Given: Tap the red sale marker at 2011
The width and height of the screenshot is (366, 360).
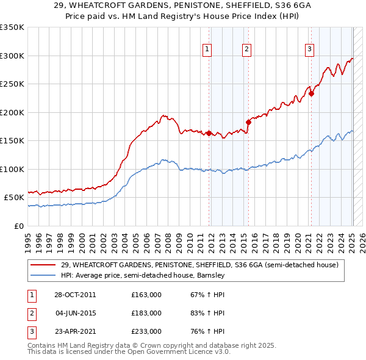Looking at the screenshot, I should coord(209,133).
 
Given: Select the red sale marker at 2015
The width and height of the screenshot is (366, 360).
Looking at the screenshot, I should coord(248,122).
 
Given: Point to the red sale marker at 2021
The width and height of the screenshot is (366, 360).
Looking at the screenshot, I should coord(311,93).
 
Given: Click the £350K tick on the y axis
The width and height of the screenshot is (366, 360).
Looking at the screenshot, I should coord(12,27).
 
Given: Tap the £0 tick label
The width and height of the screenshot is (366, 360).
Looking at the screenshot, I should coord(18,226).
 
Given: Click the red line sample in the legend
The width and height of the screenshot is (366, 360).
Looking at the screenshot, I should coord(43,265).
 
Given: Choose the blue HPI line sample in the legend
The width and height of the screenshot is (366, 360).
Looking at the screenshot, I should coord(43,275).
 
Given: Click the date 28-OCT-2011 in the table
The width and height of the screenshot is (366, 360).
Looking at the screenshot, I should coord(74,295).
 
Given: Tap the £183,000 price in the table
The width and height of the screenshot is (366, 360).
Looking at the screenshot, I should coord(146,313).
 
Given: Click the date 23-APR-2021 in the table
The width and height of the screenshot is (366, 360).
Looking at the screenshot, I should coord(74,331).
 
